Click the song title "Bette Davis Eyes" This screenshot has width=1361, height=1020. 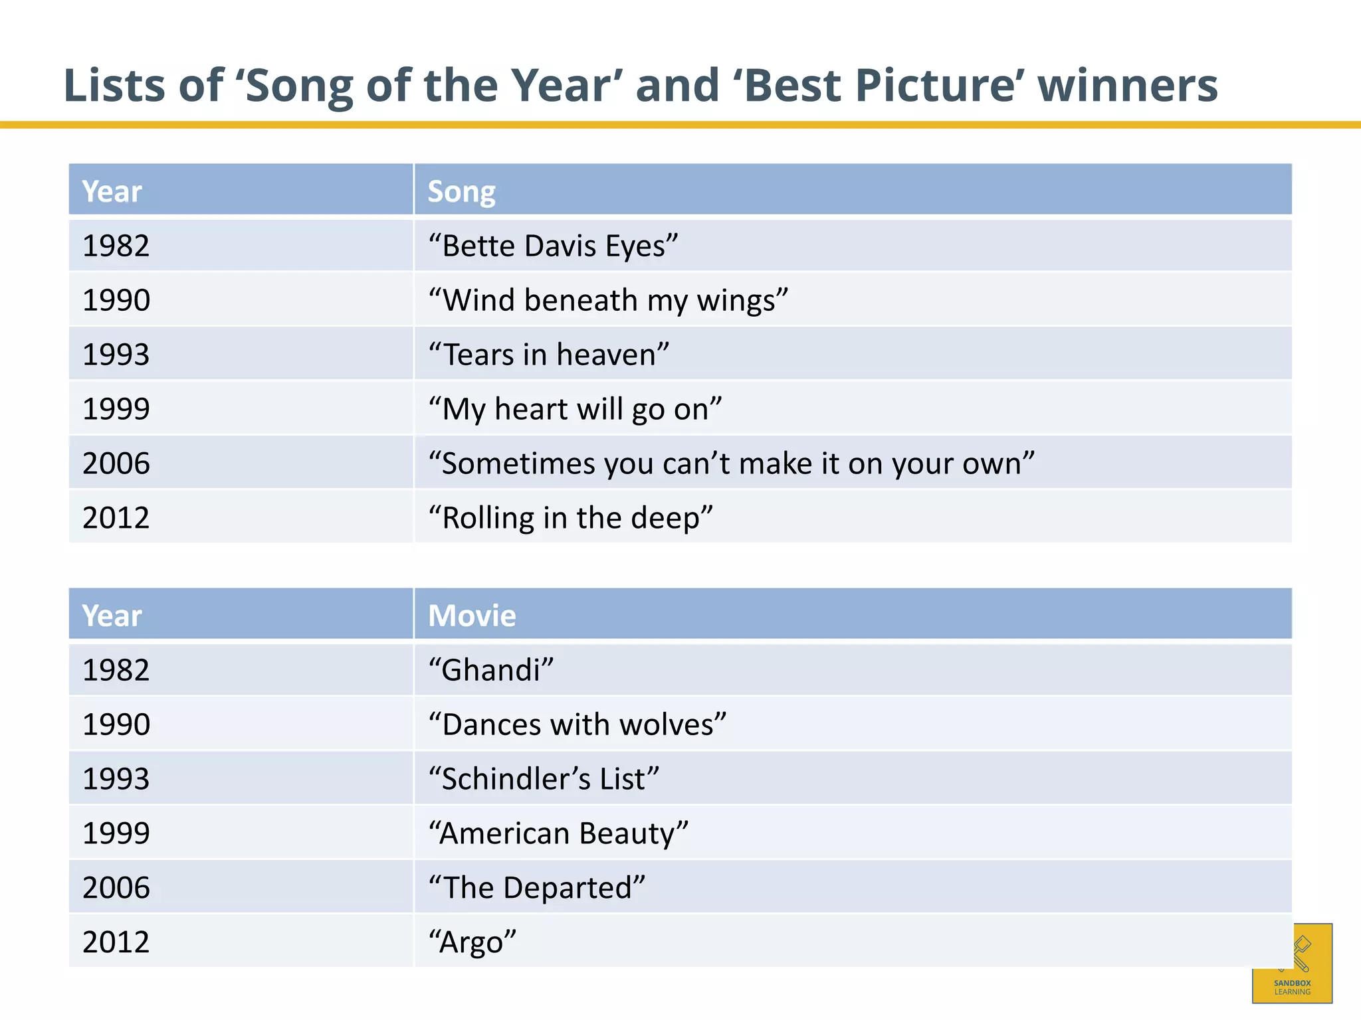tap(553, 246)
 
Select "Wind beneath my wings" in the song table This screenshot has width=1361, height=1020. tap(608, 301)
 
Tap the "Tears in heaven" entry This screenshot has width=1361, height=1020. tap(548, 355)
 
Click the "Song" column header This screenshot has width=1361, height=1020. tap(461, 192)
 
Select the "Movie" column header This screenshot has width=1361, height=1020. tap(472, 616)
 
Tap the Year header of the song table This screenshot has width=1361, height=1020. tap(112, 192)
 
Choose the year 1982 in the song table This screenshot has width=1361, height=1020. tap(116, 246)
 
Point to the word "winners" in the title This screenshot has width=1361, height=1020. tap(1127, 86)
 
